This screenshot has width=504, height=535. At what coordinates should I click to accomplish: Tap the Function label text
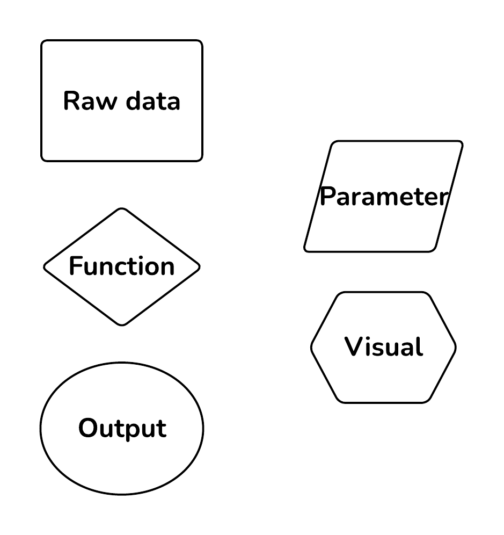(x=122, y=266)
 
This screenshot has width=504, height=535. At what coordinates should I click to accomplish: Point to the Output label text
(x=122, y=429)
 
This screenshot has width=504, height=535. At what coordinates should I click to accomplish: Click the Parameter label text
(x=383, y=197)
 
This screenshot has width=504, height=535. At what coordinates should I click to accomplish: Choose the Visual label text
(x=383, y=347)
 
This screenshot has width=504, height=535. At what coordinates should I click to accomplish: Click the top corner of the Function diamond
(x=122, y=208)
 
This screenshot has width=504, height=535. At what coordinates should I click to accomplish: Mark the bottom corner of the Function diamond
(x=122, y=325)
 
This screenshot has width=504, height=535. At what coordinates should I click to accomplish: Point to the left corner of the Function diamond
(x=44, y=266)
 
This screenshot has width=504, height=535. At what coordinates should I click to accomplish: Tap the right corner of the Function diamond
(x=200, y=266)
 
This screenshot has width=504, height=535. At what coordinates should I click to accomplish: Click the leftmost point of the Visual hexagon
(x=311, y=348)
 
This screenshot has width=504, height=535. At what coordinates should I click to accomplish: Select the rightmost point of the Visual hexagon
(x=456, y=348)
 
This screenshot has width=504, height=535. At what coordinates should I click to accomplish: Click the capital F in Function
(x=75, y=266)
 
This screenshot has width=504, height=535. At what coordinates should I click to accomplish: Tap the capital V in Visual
(x=354, y=347)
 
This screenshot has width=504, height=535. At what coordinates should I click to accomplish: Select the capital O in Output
(x=88, y=429)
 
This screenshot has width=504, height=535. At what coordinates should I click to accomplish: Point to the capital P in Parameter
(x=327, y=197)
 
